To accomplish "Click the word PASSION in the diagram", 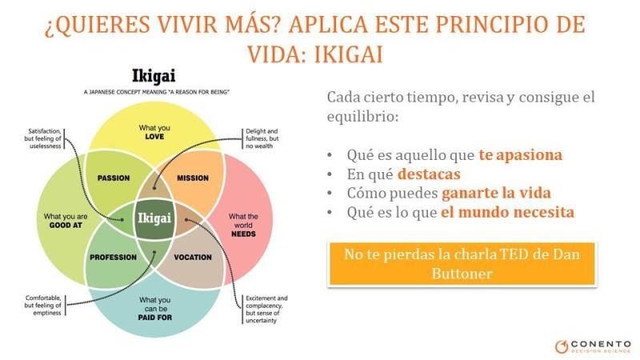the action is [x=114, y=178].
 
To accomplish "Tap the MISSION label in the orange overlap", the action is [x=193, y=178].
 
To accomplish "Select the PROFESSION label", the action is [x=113, y=257].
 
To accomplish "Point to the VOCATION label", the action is [x=193, y=257].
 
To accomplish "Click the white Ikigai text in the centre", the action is [x=154, y=218].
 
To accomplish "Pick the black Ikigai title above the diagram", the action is [x=154, y=76].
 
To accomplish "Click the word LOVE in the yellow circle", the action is [x=154, y=137].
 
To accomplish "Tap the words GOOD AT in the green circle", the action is [x=66, y=226].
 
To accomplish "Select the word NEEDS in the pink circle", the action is [x=243, y=234].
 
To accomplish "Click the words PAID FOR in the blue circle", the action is [x=154, y=318].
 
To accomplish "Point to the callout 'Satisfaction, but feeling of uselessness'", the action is [x=42, y=138].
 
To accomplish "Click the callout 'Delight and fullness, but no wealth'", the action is [x=262, y=138].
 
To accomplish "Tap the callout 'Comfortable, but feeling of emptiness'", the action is [x=42, y=306].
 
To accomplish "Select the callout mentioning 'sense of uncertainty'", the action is [x=266, y=310].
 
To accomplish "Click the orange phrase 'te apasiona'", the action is [x=521, y=155].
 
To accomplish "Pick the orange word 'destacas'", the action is [x=429, y=174].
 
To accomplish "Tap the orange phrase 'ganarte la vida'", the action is [x=496, y=193].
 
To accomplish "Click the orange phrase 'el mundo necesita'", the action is [x=507, y=212].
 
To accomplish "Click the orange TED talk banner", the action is [x=462, y=264].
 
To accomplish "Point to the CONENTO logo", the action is [x=593, y=346].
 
